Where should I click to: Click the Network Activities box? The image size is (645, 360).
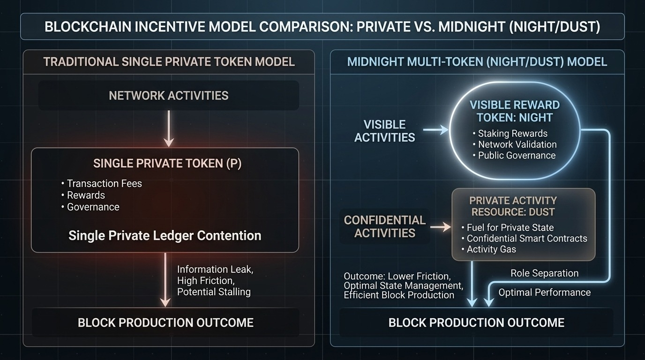tap(168, 96)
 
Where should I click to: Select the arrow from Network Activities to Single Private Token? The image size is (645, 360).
tap(168, 128)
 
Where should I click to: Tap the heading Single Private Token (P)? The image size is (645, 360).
tap(167, 164)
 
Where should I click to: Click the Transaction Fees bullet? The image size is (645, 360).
tap(104, 184)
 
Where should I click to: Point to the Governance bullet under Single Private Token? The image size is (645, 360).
tap(93, 207)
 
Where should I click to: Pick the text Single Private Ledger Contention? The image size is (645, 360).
tap(165, 235)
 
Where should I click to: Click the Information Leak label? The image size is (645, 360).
tap(215, 270)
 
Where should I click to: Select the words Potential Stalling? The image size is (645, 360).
tap(213, 292)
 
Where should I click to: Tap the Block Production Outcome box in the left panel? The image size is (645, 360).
tap(165, 322)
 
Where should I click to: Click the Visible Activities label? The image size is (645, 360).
tap(384, 131)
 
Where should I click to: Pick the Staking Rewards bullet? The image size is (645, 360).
tap(512, 134)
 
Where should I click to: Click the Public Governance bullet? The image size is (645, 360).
tap(517, 156)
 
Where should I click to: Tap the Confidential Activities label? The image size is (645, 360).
tap(384, 226)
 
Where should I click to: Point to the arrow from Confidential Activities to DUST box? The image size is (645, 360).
tap(440, 227)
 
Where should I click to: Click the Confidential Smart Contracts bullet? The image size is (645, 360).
tap(526, 239)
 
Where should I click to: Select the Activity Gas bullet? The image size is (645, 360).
tap(491, 249)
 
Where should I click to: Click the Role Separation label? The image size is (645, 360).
tap(544, 273)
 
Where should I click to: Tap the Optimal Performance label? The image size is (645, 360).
tap(544, 292)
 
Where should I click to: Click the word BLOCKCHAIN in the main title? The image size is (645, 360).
tap(87, 27)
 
